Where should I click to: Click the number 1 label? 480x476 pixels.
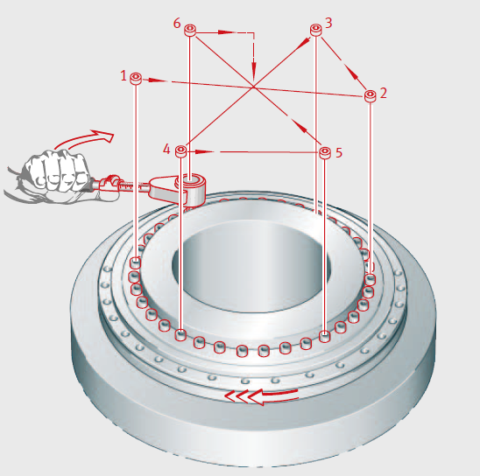click(x=124, y=75)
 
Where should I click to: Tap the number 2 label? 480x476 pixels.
click(x=383, y=93)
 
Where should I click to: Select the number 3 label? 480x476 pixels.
click(x=328, y=23)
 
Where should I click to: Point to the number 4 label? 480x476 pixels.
click(x=166, y=150)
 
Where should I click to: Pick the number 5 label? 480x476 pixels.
click(x=339, y=152)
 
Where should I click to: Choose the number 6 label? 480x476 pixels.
click(x=177, y=24)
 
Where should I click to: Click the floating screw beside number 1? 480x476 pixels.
click(x=136, y=79)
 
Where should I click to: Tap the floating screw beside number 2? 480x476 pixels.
click(x=371, y=96)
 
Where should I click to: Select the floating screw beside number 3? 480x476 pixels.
click(x=316, y=30)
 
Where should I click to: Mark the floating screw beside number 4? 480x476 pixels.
click(x=181, y=151)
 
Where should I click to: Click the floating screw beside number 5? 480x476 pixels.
click(x=325, y=152)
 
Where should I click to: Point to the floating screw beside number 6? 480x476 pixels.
click(x=190, y=31)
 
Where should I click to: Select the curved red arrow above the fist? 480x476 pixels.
click(x=84, y=139)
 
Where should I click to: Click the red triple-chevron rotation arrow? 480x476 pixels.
click(x=261, y=397)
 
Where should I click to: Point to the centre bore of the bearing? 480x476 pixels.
click(x=251, y=267)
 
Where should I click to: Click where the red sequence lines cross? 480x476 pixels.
click(x=253, y=87)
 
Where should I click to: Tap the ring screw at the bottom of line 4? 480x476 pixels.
click(x=180, y=335)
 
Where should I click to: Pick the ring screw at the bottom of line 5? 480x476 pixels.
click(x=325, y=336)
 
